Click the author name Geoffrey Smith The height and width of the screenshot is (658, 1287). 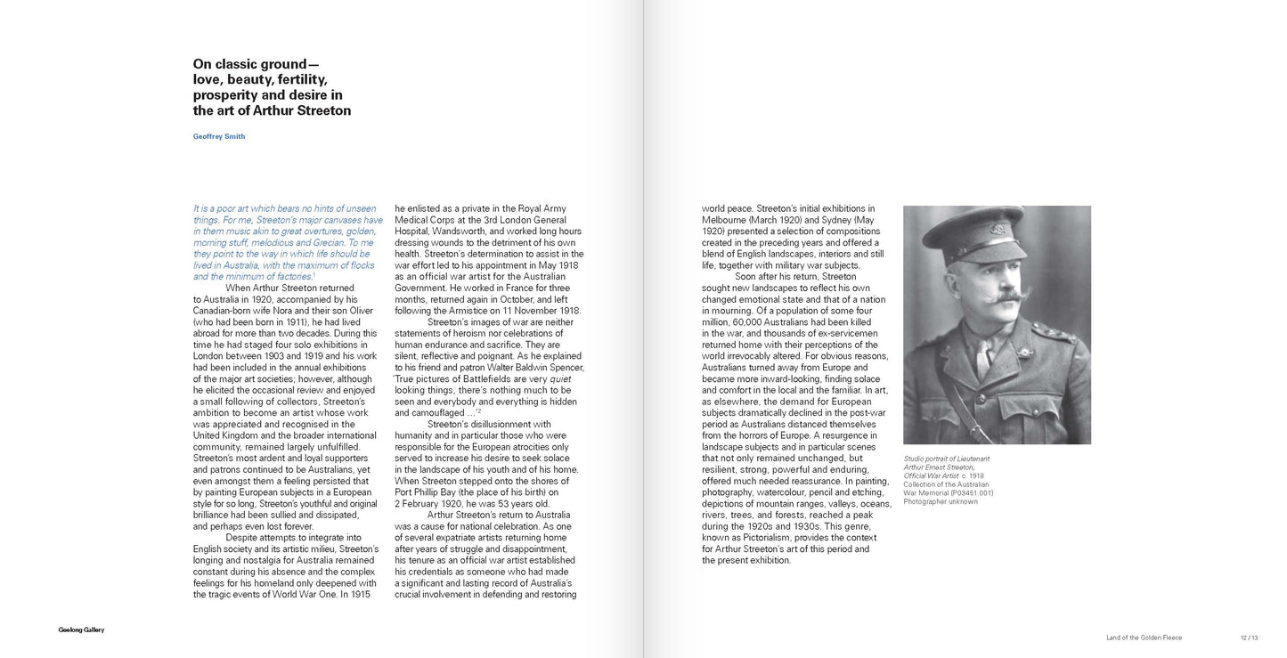pyautogui.click(x=219, y=136)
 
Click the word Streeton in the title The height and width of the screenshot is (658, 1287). pyautogui.click(x=321, y=111)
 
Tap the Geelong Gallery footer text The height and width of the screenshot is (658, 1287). pyautogui.click(x=76, y=630)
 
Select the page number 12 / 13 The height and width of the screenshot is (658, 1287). pyautogui.click(x=1250, y=637)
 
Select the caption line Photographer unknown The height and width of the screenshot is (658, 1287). pyautogui.click(x=940, y=501)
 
